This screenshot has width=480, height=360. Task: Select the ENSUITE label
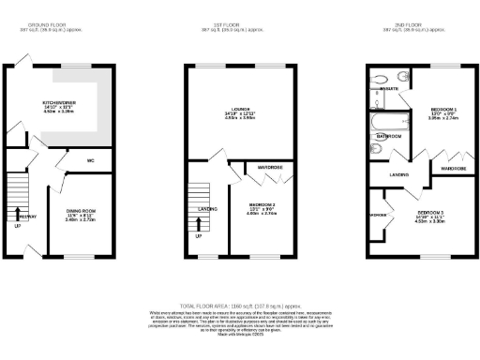(386, 90)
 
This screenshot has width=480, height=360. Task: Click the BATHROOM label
(389, 137)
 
